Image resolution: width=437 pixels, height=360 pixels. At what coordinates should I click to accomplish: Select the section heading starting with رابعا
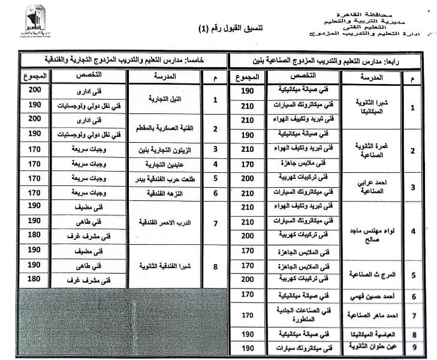(x=331, y=61)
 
